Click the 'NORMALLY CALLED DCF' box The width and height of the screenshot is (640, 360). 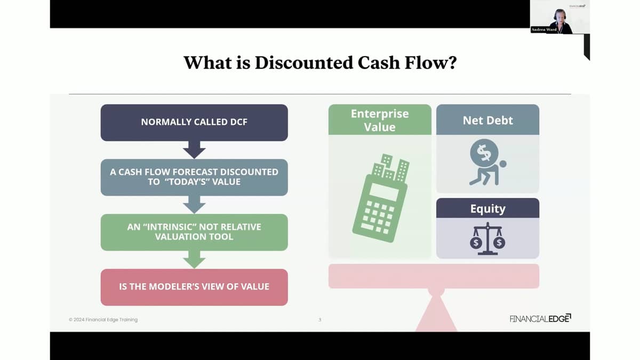tap(194, 122)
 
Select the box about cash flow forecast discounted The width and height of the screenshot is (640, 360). tap(194, 177)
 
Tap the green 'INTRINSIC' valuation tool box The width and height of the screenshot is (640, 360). tap(194, 232)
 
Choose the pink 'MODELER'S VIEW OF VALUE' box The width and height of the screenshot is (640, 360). tap(194, 287)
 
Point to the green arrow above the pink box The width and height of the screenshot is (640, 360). tap(194, 259)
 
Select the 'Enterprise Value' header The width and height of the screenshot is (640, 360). tap(380, 119)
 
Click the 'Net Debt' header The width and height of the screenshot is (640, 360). tap(487, 119)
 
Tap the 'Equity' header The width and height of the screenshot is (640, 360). tap(487, 208)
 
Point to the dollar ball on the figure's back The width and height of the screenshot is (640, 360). tap(484, 153)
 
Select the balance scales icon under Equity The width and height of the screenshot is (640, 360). tap(487, 238)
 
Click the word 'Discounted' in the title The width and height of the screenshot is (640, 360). tap(304, 62)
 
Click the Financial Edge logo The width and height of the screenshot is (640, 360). tap(540, 318)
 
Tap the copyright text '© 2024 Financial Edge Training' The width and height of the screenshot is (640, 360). tap(103, 319)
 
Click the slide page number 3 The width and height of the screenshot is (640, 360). tap(319, 319)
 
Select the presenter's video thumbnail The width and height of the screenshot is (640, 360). tap(559, 17)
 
